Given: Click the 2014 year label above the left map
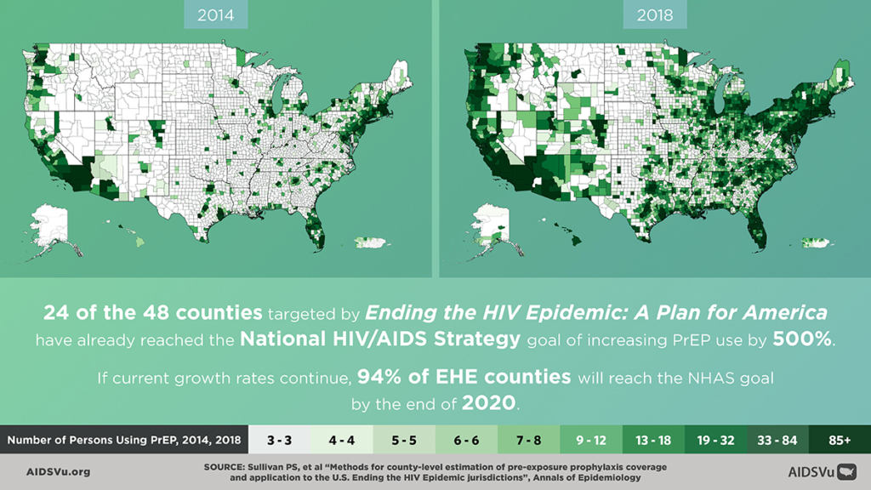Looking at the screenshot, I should click(x=218, y=14).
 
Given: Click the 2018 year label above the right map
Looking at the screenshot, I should click(x=653, y=14).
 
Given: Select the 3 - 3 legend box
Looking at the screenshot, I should click(x=279, y=442).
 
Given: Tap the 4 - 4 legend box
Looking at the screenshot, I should click(x=342, y=442).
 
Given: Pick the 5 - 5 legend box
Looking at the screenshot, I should click(x=404, y=442).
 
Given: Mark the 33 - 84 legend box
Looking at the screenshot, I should click(x=777, y=442).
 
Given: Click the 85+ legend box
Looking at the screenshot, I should click(x=840, y=442).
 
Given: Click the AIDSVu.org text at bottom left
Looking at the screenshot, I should click(x=58, y=471).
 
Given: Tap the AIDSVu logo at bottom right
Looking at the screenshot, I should click(x=822, y=471).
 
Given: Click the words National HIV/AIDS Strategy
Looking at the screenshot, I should click(x=379, y=339).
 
